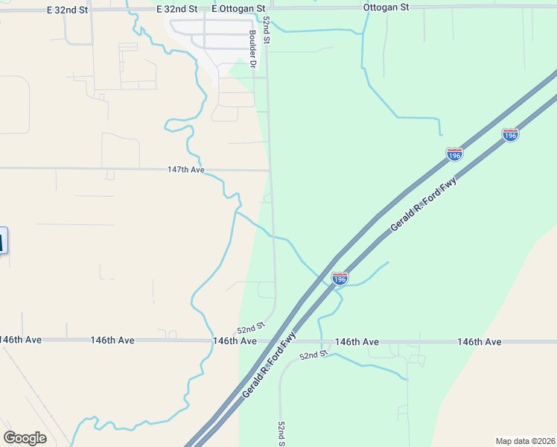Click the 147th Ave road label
(x=186, y=170)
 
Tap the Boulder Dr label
(x=253, y=49)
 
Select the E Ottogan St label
(x=238, y=7)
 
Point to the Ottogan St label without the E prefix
(x=386, y=7)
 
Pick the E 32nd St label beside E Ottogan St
(x=177, y=7)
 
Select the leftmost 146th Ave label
(x=21, y=340)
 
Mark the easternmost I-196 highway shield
(x=510, y=135)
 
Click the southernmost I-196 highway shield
(x=340, y=279)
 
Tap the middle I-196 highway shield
(x=454, y=153)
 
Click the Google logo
(x=25, y=437)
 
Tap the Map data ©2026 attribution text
(x=525, y=441)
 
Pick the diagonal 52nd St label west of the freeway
(x=251, y=328)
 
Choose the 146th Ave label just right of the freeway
(x=357, y=341)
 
